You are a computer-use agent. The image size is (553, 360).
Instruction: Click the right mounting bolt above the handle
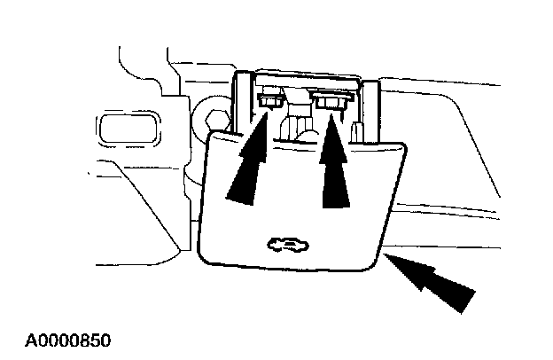coord(329,104)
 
